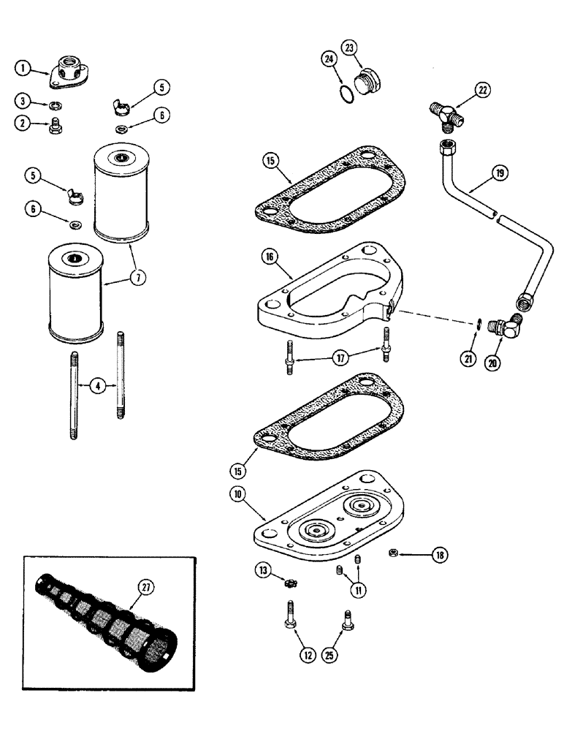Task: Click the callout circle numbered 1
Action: tap(24, 69)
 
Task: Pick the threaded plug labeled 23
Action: tap(367, 83)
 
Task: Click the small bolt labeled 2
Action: tap(54, 129)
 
